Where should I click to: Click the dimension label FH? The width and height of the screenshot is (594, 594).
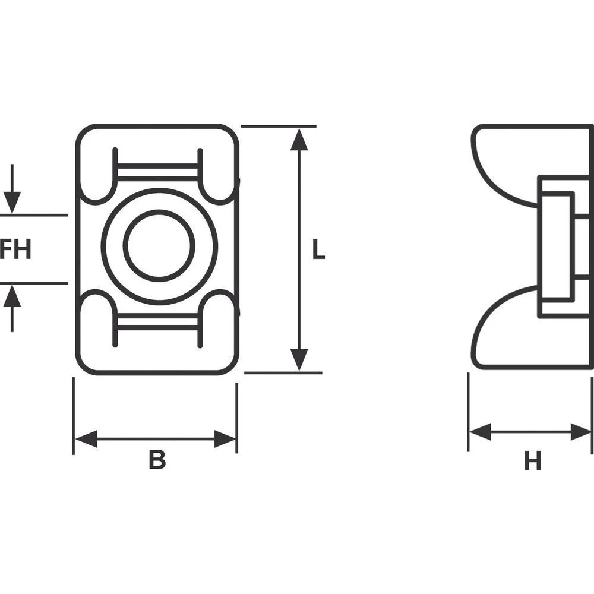15,249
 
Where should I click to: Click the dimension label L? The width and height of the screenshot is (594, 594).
319,250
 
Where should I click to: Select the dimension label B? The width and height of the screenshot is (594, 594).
157,460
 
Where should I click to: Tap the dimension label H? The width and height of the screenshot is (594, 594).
532,461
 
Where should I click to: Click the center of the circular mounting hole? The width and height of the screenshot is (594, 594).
159,246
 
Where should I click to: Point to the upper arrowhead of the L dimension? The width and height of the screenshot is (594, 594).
300,139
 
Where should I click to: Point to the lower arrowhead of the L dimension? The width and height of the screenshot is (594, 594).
300,359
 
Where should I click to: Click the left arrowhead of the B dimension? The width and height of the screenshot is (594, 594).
86,440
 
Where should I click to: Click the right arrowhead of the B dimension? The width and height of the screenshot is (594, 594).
225,440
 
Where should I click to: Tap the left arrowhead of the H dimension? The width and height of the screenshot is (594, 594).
480,432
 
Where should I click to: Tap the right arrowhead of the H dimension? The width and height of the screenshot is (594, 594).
581,432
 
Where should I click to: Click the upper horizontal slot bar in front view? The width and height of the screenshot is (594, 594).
157,172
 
